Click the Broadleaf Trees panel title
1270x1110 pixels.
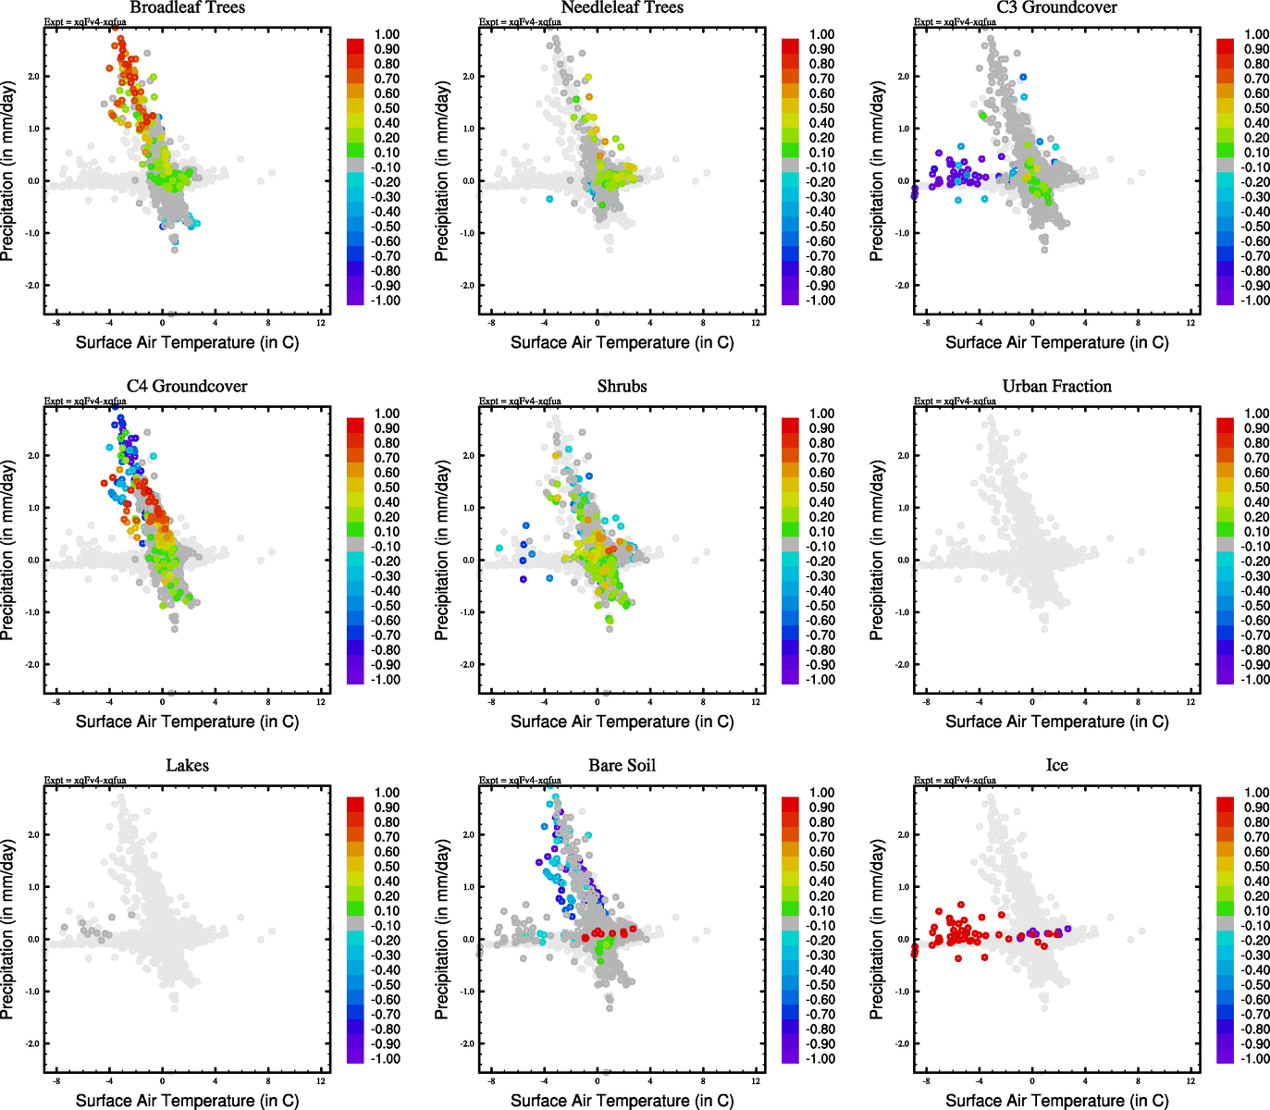pyautogui.click(x=187, y=7)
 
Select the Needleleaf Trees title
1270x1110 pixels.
pyautogui.click(x=622, y=7)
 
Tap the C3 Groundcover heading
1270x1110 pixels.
pyautogui.click(x=1056, y=7)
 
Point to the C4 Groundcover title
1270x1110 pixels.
pyautogui.click(x=187, y=386)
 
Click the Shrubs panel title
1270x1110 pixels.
pyautogui.click(x=622, y=386)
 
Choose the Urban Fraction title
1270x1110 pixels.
pyautogui.click(x=1056, y=386)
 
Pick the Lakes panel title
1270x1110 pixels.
pyautogui.click(x=187, y=765)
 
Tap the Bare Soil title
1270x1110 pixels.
pyautogui.click(x=622, y=765)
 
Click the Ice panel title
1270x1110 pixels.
pyautogui.click(x=1056, y=765)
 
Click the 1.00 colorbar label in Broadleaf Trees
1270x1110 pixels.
pyautogui.click(x=387, y=34)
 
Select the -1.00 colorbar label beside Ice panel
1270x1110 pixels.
pyautogui.click(x=1255, y=1058)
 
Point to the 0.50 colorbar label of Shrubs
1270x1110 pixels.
pyautogui.click(x=821, y=487)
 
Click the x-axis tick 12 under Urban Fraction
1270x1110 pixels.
pyautogui.click(x=1190, y=702)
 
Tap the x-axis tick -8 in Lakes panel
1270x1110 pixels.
pyautogui.click(x=56, y=1081)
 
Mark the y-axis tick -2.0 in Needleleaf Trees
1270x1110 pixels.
pyautogui.click(x=467, y=285)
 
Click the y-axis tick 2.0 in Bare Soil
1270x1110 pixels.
pyautogui.click(x=468, y=834)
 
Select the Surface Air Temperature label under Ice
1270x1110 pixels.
pyautogui.click(x=1056, y=1100)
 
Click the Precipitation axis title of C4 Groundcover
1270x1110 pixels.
pyautogui.click(x=8, y=550)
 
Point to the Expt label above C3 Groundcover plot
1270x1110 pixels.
pyautogui.click(x=955, y=22)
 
